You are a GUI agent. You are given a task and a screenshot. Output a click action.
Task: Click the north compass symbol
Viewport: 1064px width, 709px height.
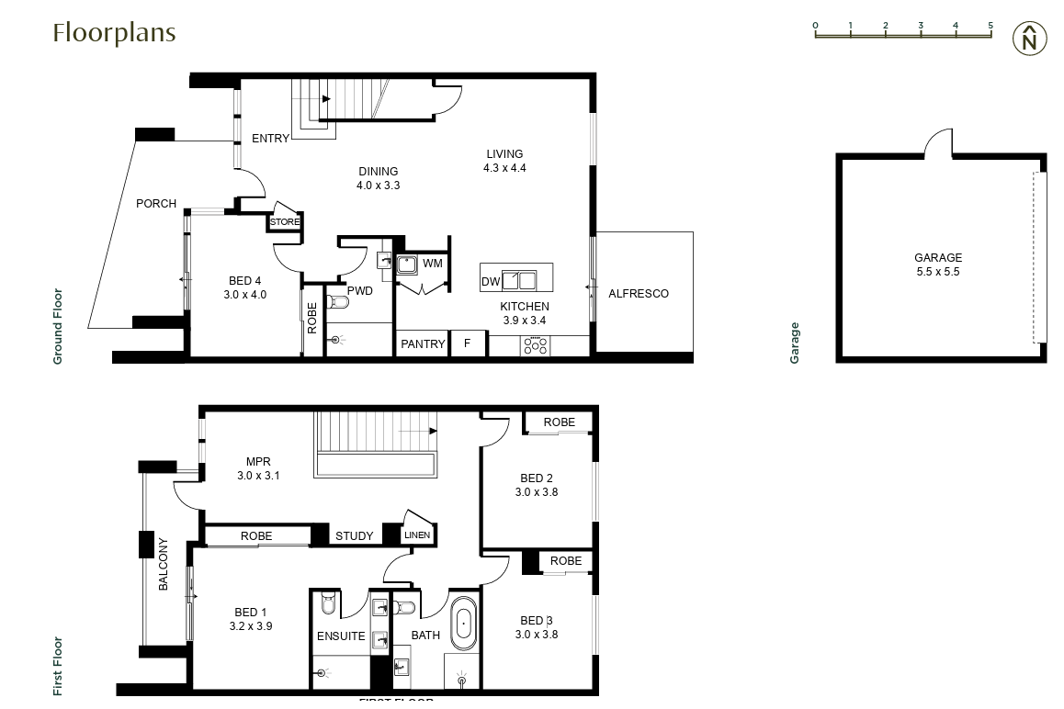1030,39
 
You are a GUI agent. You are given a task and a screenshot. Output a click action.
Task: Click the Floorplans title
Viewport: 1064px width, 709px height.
114,32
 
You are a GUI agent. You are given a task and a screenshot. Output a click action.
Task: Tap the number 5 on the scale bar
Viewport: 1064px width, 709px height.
990,26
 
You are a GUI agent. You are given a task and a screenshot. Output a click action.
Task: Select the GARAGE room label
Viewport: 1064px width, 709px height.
937,258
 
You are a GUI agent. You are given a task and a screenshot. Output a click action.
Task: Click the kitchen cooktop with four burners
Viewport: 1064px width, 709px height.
535,346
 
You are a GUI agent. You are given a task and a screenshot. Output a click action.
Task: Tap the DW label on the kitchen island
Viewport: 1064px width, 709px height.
491,281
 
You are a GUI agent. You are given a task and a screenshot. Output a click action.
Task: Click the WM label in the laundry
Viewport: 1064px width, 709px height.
433,264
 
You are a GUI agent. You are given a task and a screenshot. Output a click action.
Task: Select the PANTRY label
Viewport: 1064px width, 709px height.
423,344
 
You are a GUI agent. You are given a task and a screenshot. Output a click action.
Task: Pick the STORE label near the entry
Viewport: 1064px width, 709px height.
285,221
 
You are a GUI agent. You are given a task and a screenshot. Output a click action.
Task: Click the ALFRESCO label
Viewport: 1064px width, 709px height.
639,294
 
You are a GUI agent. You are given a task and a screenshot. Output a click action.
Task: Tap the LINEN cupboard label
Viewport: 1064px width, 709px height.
417,535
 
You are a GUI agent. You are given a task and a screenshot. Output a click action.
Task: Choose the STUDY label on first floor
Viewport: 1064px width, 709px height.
354,536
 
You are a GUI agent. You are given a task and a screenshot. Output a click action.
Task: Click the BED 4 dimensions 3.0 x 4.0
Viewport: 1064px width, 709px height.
244,295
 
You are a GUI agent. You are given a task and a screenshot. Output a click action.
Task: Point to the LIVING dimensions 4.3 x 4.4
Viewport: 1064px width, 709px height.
504,168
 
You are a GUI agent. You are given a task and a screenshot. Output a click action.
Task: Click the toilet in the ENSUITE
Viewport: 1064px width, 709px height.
327,605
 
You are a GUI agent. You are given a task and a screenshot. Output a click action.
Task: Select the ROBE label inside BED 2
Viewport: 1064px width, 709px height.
559,422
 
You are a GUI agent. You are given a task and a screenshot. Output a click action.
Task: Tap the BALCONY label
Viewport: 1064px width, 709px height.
164,563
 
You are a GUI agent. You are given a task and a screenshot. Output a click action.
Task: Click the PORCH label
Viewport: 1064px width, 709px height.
156,203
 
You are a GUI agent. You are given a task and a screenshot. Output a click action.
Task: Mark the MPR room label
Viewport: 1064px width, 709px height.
257,462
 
